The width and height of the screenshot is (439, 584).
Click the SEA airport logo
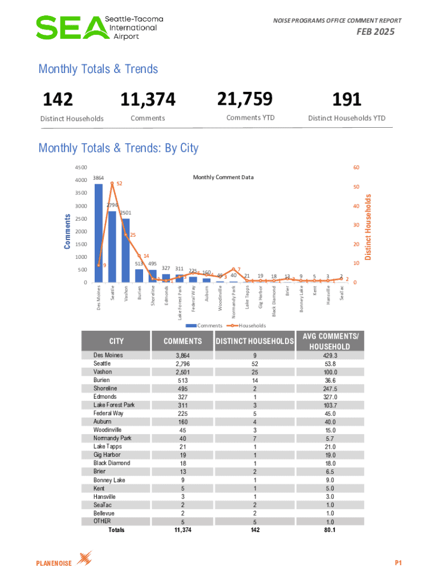pyautogui.click(x=100, y=27)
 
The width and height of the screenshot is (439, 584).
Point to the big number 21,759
pyautogui.click(x=245, y=99)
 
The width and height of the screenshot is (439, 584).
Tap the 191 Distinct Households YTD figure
pyautogui.click(x=347, y=100)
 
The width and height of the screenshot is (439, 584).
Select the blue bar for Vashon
pyautogui.click(x=125, y=251)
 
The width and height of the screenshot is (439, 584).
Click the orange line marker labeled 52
pyautogui.click(x=112, y=183)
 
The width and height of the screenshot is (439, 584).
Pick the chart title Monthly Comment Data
pyautogui.click(x=223, y=177)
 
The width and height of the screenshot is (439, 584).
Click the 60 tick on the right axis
pyautogui.click(x=357, y=168)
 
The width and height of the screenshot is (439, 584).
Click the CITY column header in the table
pyautogui.click(x=116, y=341)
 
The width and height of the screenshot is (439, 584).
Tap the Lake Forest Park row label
pyautogui.click(x=114, y=405)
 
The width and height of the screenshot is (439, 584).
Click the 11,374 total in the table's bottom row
pyautogui.click(x=182, y=530)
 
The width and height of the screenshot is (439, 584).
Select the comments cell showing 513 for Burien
pyautogui.click(x=182, y=380)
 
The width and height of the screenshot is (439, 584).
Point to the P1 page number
pyautogui.click(x=399, y=563)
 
